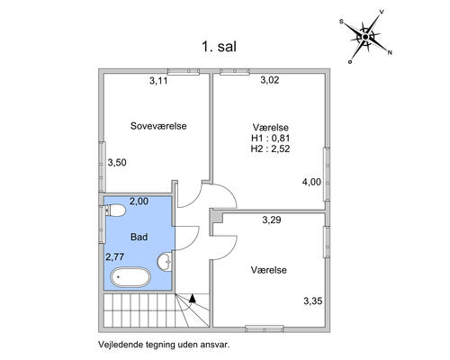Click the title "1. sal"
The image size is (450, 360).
click(219, 47)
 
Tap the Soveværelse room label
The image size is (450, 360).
click(158, 126)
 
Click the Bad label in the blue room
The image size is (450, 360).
click(139, 237)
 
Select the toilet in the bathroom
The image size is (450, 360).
click(115, 210)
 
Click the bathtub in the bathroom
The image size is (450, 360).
click(130, 277)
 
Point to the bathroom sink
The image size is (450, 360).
click(165, 262)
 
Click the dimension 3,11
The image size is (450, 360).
click(158, 81)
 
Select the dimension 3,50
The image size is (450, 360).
click(117, 163)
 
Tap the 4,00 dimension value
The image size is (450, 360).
click(311, 182)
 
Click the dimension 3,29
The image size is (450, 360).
click(272, 220)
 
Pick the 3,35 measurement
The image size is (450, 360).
click(313, 301)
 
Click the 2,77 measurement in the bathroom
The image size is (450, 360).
click(114, 256)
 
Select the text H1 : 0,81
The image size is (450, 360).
click(271, 138)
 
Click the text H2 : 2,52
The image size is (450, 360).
click(271, 148)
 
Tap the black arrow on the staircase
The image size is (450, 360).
click(193, 298)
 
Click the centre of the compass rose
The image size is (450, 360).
click(365, 37)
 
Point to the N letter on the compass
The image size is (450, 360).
click(390, 53)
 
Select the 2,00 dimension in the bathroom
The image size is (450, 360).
click(139, 201)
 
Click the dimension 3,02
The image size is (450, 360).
click(270, 80)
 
